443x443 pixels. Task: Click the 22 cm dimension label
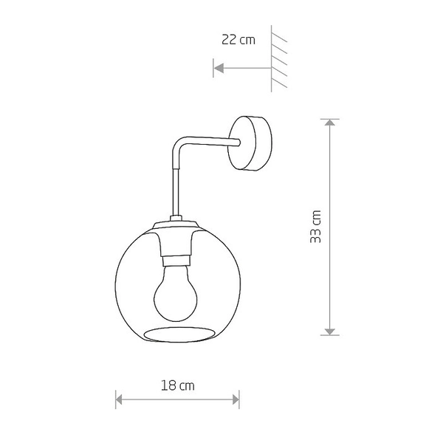tap(238, 40)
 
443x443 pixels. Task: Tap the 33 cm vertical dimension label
tap(316, 226)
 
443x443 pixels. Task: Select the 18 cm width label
tap(177, 385)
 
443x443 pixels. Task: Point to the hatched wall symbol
tap(278, 59)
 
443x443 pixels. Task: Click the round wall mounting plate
tap(253, 142)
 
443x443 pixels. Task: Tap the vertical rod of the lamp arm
tap(176, 185)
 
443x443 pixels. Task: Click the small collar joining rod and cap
tap(176, 217)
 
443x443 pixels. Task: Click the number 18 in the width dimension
tap(169, 385)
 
